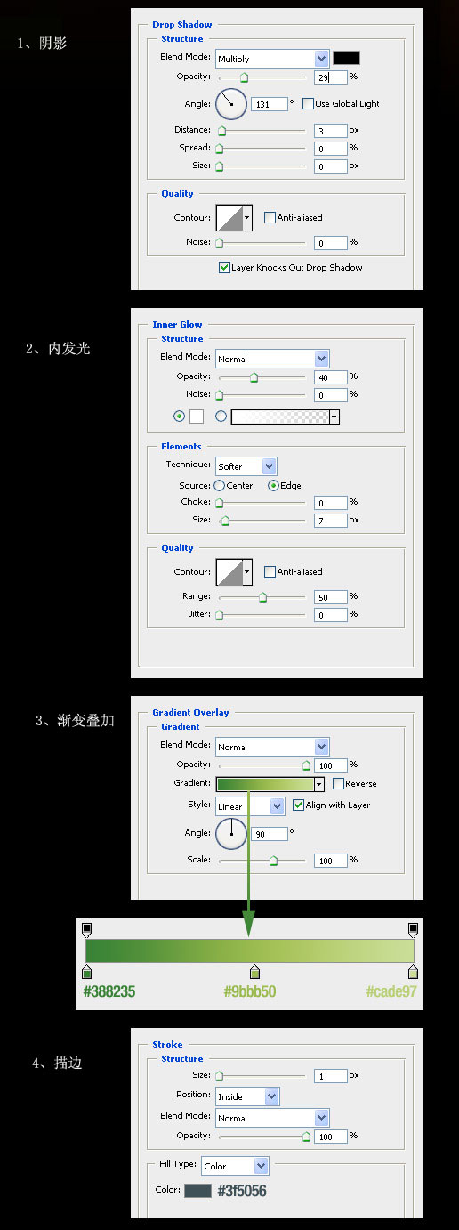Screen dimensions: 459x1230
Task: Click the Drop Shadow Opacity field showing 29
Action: coord(331,77)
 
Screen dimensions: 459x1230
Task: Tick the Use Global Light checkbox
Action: coord(308,103)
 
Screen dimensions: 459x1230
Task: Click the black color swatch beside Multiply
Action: coord(346,58)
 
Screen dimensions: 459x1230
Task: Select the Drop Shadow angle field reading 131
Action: coord(269,104)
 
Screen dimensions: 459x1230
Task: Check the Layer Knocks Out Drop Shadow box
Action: coord(224,267)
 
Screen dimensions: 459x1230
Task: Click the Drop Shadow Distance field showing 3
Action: coord(331,131)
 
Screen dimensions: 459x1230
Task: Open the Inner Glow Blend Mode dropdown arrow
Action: coord(321,359)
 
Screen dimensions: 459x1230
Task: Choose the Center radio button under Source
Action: coord(220,485)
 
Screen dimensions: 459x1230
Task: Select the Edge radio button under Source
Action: coord(273,485)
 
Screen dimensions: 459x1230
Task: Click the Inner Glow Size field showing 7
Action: coord(331,520)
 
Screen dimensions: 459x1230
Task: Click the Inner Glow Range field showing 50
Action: coord(331,597)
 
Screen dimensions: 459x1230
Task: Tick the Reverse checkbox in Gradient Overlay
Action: coord(338,783)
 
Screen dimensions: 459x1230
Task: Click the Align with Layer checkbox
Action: coord(298,805)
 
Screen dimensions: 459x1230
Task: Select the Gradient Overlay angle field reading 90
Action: coord(269,834)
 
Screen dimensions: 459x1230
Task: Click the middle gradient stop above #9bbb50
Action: coord(254,971)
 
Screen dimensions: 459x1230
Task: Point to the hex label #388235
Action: coord(109,991)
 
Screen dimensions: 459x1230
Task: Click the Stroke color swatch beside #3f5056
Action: coord(197,1191)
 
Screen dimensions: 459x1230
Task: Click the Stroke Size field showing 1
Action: coord(331,1076)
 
